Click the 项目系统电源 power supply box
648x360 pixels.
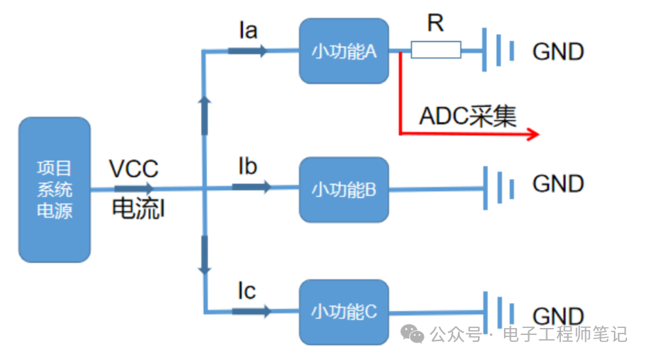pyautogui.click(x=54, y=189)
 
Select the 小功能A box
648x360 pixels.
pyautogui.click(x=344, y=51)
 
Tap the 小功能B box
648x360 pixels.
pyautogui.click(x=344, y=189)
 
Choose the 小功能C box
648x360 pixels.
pyautogui.click(x=344, y=311)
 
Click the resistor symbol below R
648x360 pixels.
pyautogui.click(x=436, y=50)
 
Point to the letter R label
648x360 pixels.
pyautogui.click(x=436, y=24)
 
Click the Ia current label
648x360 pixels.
pyautogui.click(x=248, y=30)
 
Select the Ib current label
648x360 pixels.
pyautogui.click(x=248, y=166)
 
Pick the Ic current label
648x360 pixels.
pyautogui.click(x=246, y=291)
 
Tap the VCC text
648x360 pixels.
pyautogui.click(x=134, y=169)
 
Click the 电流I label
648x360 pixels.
pyautogui.click(x=139, y=209)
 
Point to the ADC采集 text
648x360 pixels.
pyautogui.click(x=468, y=116)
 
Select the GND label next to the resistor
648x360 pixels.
pyautogui.click(x=558, y=52)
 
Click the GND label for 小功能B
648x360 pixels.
pyautogui.click(x=558, y=184)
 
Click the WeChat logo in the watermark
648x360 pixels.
pyautogui.click(x=416, y=335)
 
